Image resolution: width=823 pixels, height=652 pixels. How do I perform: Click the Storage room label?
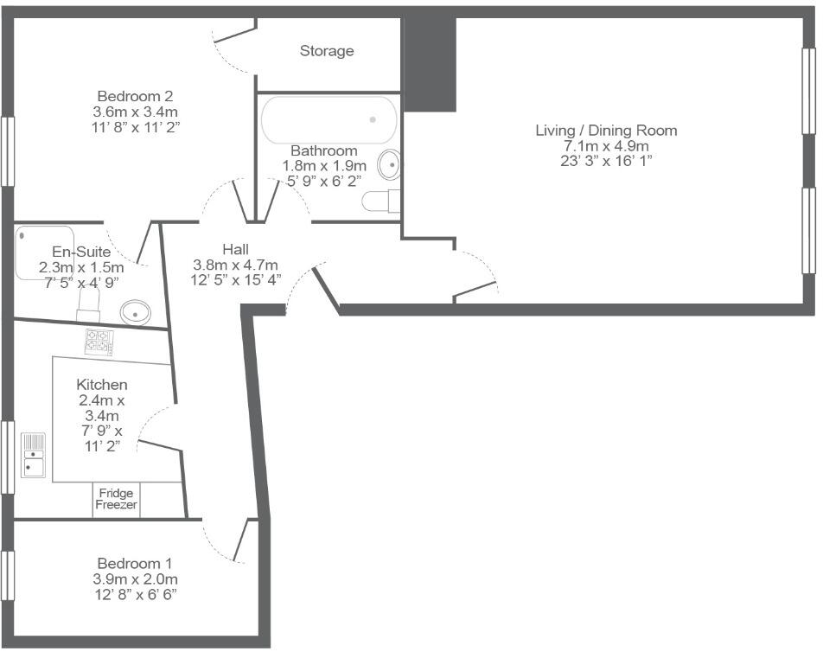coord(327,51)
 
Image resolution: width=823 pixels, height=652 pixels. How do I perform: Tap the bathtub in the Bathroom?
coord(329,119)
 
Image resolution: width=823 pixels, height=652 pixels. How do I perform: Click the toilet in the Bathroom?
coord(380,201)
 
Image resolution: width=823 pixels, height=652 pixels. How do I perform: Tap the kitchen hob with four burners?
coord(99,342)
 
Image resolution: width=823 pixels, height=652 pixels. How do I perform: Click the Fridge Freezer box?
coord(116,500)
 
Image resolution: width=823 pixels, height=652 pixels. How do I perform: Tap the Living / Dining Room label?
coord(605,131)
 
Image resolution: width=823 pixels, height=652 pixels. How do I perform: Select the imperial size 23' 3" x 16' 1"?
coord(605,162)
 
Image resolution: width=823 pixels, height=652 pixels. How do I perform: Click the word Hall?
coord(235,249)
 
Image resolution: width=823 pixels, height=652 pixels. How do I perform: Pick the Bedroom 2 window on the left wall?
coord(8,150)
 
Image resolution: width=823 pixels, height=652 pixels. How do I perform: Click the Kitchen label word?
coord(102,384)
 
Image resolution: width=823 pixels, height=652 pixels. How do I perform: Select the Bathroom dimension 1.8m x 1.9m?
coord(324,165)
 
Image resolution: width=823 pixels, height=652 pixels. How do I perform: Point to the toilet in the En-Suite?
coord(89,302)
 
